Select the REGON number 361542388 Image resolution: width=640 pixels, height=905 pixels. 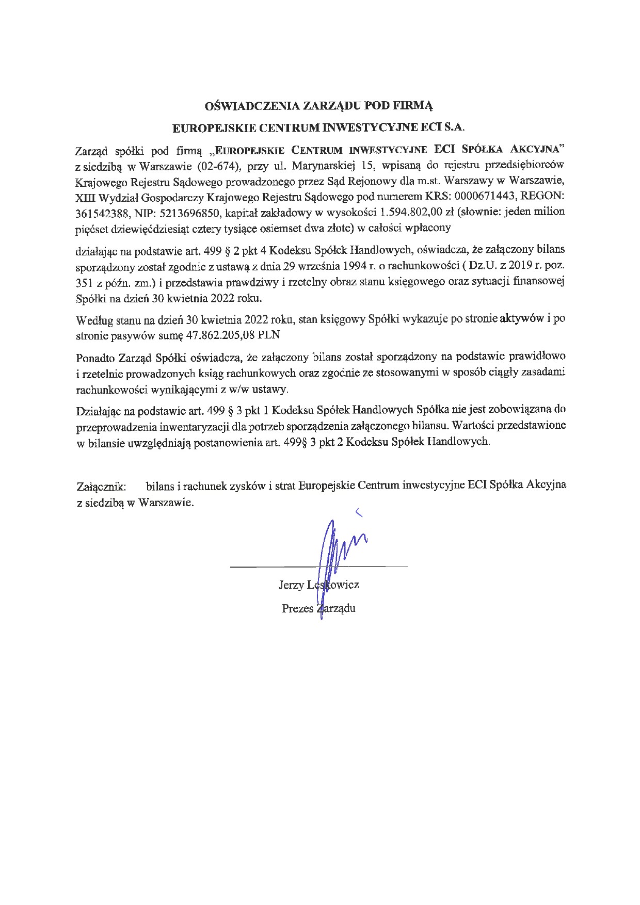[99, 213]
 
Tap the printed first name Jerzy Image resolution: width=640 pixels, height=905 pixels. [291, 585]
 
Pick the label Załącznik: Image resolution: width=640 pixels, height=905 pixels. [101, 486]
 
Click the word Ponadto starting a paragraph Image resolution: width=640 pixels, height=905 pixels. [95, 357]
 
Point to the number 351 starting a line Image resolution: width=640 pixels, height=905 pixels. [85, 283]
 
